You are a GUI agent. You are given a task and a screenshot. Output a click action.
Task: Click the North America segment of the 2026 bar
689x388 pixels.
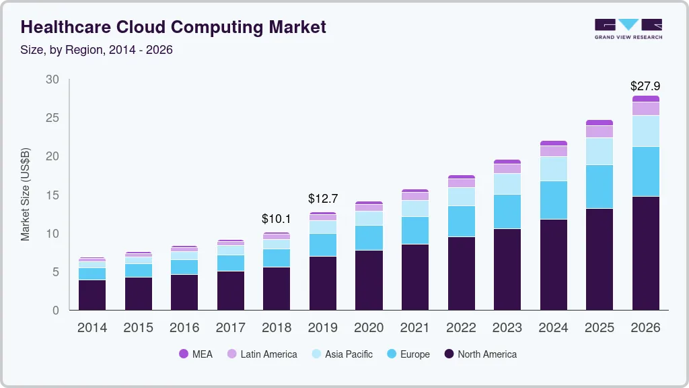click(x=645, y=253)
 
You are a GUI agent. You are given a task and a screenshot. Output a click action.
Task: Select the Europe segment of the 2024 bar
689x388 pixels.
click(x=553, y=200)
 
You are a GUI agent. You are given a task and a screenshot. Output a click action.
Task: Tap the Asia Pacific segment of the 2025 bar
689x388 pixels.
click(x=599, y=152)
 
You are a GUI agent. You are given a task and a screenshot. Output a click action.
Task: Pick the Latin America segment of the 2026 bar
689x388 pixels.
click(x=645, y=108)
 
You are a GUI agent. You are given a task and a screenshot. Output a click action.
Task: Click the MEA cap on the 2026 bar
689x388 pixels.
click(x=645, y=99)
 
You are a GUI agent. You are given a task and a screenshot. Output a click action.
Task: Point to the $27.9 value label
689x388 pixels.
click(x=645, y=86)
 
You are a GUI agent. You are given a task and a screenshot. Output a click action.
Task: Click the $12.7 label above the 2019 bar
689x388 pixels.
click(x=323, y=199)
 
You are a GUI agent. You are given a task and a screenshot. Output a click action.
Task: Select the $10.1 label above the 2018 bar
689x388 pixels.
click(x=277, y=219)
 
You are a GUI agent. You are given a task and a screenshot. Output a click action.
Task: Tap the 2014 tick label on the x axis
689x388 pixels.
click(x=92, y=328)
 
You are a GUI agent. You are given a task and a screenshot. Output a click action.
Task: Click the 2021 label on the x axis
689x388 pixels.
click(x=414, y=328)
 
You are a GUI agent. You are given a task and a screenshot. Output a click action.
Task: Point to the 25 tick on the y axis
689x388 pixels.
click(x=52, y=119)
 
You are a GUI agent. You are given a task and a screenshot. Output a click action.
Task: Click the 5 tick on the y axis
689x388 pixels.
click(x=56, y=272)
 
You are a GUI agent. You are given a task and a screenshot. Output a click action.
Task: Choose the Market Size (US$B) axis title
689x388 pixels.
click(x=26, y=195)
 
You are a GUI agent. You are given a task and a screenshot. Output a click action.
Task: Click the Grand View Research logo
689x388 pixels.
click(x=628, y=28)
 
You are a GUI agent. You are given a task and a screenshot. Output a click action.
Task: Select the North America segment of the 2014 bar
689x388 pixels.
click(x=92, y=295)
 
